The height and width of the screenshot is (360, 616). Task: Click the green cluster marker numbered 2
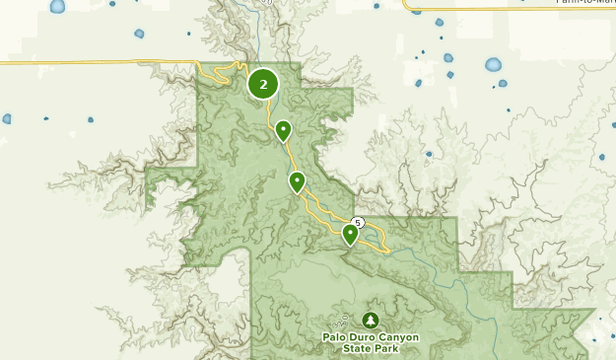coord(263,85)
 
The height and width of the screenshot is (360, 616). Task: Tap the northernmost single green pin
coord(283,129)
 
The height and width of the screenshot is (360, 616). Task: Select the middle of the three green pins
coord(297,181)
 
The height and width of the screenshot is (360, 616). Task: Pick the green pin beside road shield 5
coord(350,234)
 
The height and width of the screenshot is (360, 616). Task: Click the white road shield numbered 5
coord(358,223)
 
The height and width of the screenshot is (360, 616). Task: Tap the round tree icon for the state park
coord(370,320)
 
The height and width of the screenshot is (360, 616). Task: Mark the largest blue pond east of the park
coord(493,65)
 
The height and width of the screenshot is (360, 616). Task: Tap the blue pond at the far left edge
coord(6,119)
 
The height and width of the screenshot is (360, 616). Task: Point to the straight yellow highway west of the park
coord(99,62)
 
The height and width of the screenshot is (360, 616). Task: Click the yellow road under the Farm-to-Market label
coord(513,10)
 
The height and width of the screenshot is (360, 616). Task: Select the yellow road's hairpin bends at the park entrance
coord(222,71)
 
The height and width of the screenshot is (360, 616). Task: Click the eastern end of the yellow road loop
coord(387,251)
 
